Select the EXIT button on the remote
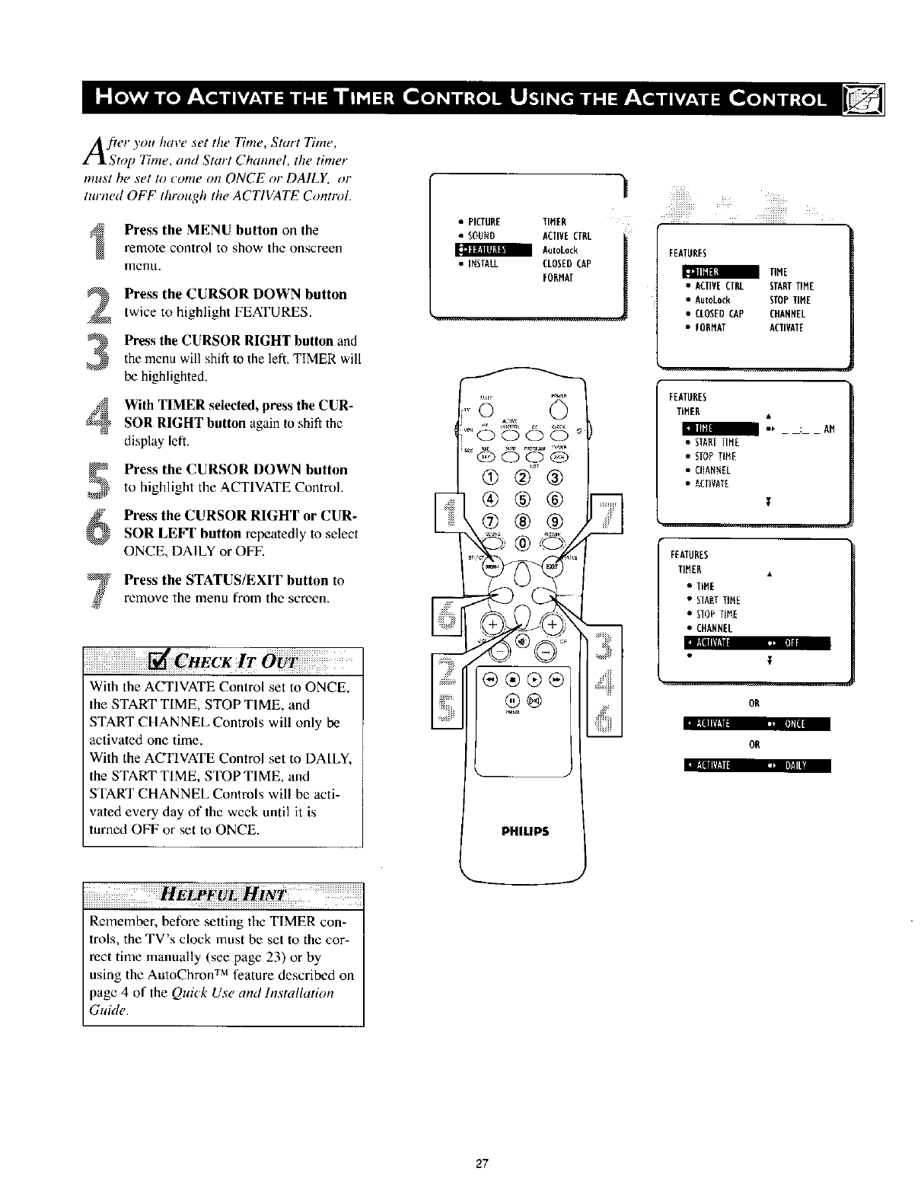552,567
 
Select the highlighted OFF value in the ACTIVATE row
792,643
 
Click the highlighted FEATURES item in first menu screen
483,251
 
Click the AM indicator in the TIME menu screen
829,429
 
